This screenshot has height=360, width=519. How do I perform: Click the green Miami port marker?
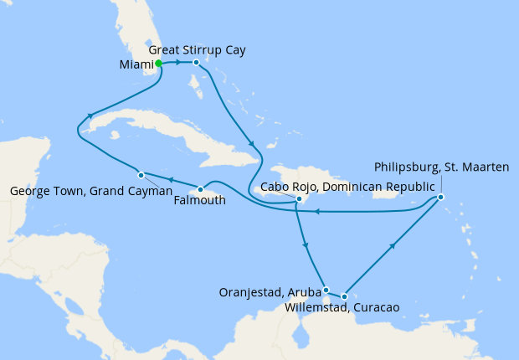pos(158,63)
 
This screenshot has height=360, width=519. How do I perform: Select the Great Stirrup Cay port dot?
pos(196,63)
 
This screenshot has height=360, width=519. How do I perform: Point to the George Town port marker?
pos(141,175)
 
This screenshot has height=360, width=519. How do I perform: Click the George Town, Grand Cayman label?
pos(91,191)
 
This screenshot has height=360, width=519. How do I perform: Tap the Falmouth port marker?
pos(201,188)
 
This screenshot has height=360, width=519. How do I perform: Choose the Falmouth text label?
pos(201,200)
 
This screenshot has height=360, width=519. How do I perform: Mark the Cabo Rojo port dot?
pos(299,199)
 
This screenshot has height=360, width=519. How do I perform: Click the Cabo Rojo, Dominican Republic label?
pos(348,186)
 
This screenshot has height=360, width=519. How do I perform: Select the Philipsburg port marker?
pos(440,198)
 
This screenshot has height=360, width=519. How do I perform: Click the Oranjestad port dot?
pos(326,289)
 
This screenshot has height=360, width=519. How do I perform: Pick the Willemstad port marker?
pos(344,296)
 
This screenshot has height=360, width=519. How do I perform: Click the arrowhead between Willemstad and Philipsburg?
pos(393,246)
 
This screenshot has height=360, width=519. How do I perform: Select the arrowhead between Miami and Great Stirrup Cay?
pos(178,63)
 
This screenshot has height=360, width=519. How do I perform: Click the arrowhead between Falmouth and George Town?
pos(170,180)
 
